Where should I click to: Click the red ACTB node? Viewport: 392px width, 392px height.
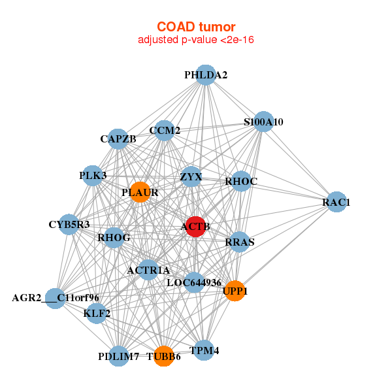196,226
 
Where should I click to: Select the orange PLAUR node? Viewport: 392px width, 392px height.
140,192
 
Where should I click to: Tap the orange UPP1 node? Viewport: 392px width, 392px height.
234,291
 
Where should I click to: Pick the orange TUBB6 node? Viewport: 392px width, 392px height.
163,356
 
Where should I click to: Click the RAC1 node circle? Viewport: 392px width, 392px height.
336,203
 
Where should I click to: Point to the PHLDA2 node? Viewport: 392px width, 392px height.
206,74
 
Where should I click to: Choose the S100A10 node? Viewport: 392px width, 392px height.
263,122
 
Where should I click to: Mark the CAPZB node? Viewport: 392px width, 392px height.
118,139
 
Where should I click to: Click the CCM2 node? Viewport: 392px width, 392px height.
165,130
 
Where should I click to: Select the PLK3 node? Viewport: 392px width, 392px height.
93,175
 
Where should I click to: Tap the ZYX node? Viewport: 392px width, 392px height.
191,176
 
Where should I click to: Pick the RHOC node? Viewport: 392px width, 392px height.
241,181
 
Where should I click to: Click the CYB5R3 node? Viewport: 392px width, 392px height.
69,224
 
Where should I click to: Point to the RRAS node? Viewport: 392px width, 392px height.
239,242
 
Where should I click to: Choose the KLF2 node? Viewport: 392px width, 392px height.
97,314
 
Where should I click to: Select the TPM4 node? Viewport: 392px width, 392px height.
204,350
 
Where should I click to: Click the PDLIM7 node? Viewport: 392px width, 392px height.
118,356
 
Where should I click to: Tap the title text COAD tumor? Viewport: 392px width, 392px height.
195,27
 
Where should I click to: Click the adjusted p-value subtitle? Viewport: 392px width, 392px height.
195,40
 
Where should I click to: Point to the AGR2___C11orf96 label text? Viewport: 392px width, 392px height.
56,299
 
